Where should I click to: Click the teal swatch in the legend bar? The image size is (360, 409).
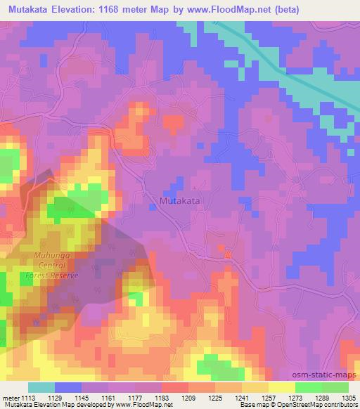click(42, 387)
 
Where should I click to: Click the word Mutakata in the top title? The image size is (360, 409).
click(31, 9)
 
